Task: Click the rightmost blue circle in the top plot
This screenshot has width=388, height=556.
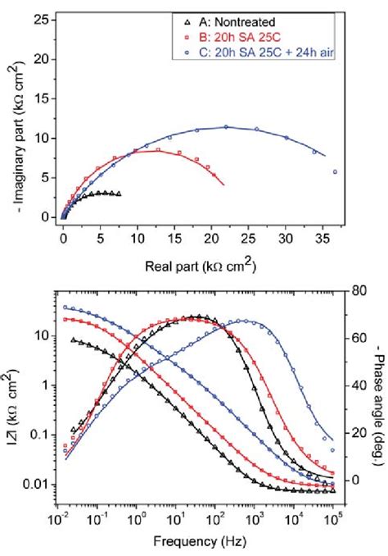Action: pos(335,172)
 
